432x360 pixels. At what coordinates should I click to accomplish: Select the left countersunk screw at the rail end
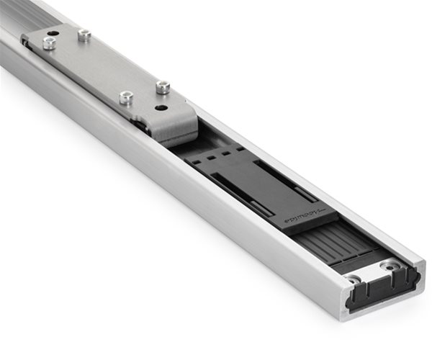[353, 278]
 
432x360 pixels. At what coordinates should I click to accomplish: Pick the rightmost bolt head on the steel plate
[163, 88]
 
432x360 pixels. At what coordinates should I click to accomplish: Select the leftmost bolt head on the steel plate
[49, 43]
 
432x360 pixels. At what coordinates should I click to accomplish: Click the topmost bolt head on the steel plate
[84, 34]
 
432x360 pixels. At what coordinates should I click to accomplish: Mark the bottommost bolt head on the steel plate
[127, 97]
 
